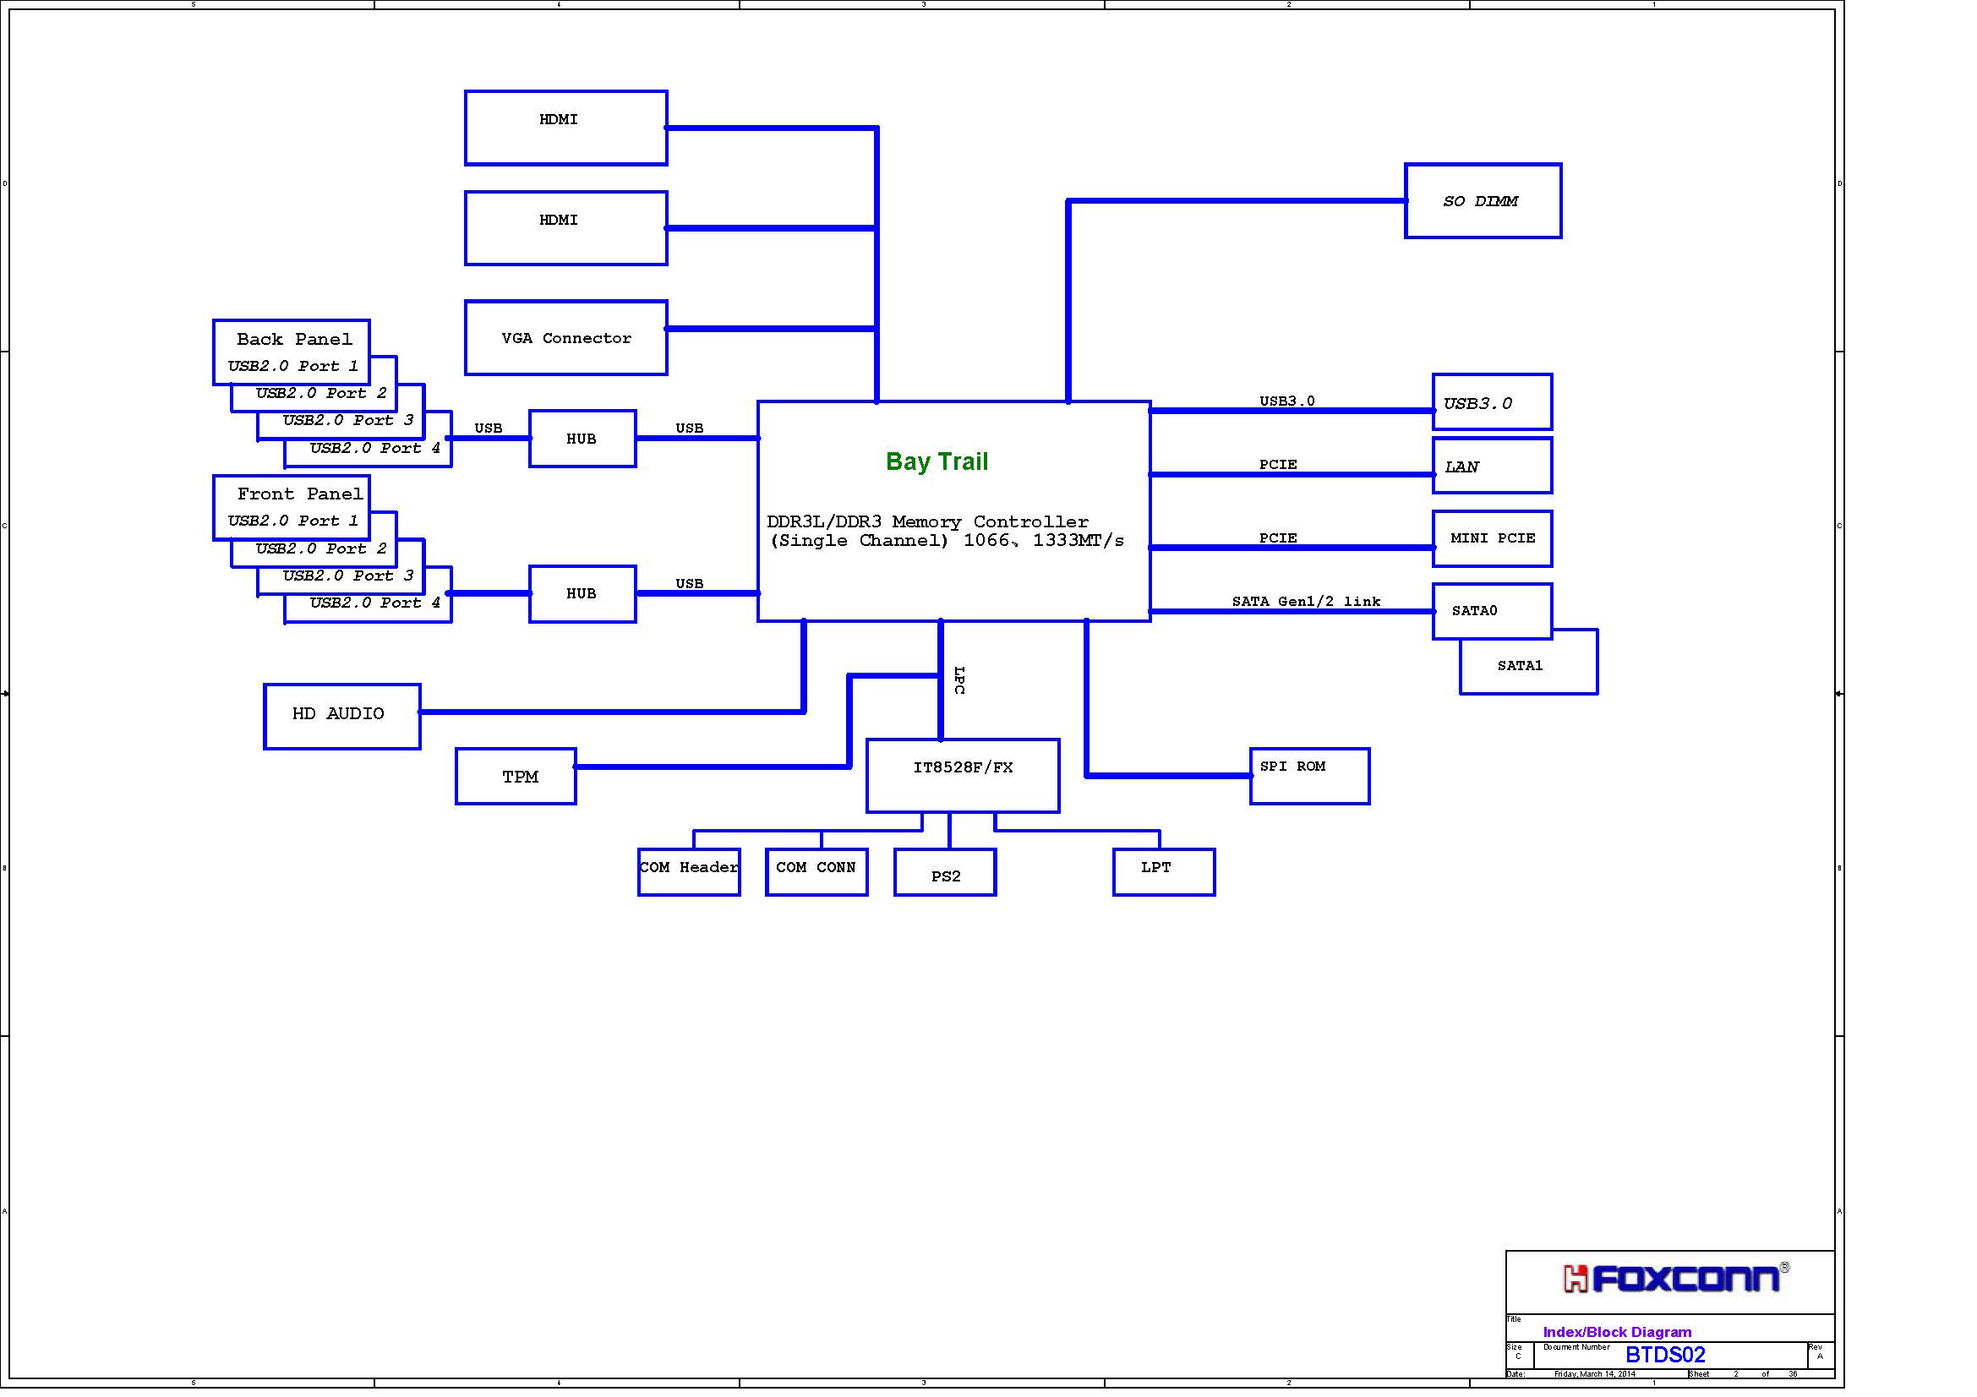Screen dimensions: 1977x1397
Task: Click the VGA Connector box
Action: pos(565,337)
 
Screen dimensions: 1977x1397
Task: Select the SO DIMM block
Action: pos(1483,200)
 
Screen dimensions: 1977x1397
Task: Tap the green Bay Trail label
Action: pos(937,461)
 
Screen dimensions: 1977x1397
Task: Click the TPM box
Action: pos(516,777)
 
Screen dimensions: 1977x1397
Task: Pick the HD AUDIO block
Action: pos(341,716)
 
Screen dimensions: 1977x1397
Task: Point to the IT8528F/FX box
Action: pos(963,776)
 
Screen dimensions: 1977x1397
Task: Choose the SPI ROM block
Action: pos(1309,777)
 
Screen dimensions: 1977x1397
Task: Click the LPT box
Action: pos(1164,872)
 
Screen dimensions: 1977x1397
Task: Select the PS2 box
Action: pos(946,872)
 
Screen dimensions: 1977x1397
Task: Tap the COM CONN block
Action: pos(816,872)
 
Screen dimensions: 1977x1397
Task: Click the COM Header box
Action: pos(689,872)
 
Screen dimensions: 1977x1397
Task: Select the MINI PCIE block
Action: pos(1492,539)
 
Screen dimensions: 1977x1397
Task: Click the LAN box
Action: pos(1492,466)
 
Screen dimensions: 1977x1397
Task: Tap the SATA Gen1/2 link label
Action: pos(1306,601)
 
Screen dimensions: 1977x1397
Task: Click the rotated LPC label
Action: pos(959,679)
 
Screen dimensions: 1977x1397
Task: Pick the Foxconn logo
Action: pos(1675,1278)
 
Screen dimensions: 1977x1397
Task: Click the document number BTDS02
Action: pos(1665,1355)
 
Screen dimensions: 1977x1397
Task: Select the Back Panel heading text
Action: pos(294,339)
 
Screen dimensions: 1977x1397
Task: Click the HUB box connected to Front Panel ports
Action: pos(582,594)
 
